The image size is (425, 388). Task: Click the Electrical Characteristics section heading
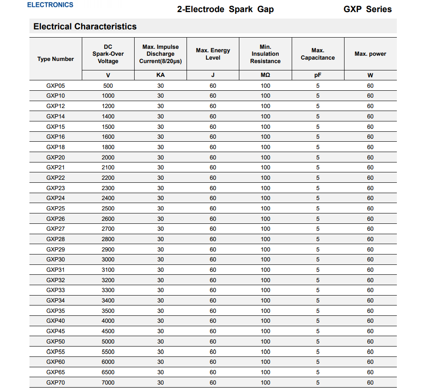coord(85,26)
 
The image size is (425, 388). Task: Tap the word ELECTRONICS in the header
coord(50,5)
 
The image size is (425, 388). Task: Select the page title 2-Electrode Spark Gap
coord(225,9)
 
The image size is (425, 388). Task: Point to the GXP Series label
coord(367,9)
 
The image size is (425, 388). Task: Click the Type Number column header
coord(55,59)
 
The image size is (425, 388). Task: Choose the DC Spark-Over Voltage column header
coord(108,54)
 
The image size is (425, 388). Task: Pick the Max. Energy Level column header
coord(213,54)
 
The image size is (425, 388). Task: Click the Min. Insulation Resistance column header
coord(265,54)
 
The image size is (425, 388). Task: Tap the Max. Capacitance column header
coord(318,54)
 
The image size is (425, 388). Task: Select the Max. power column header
coord(370,54)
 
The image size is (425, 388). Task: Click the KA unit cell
coord(161,75)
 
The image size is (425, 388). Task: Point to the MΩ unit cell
coord(265,75)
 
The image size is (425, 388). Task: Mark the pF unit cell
coord(318,75)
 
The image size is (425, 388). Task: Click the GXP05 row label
coord(55,86)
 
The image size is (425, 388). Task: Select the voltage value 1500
coord(108,127)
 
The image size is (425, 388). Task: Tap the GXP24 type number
coord(55,198)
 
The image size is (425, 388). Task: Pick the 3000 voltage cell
coord(108,260)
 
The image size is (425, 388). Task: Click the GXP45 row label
coord(55,331)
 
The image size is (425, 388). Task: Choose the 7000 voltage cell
coord(108,382)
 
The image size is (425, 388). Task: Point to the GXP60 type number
coord(55,362)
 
